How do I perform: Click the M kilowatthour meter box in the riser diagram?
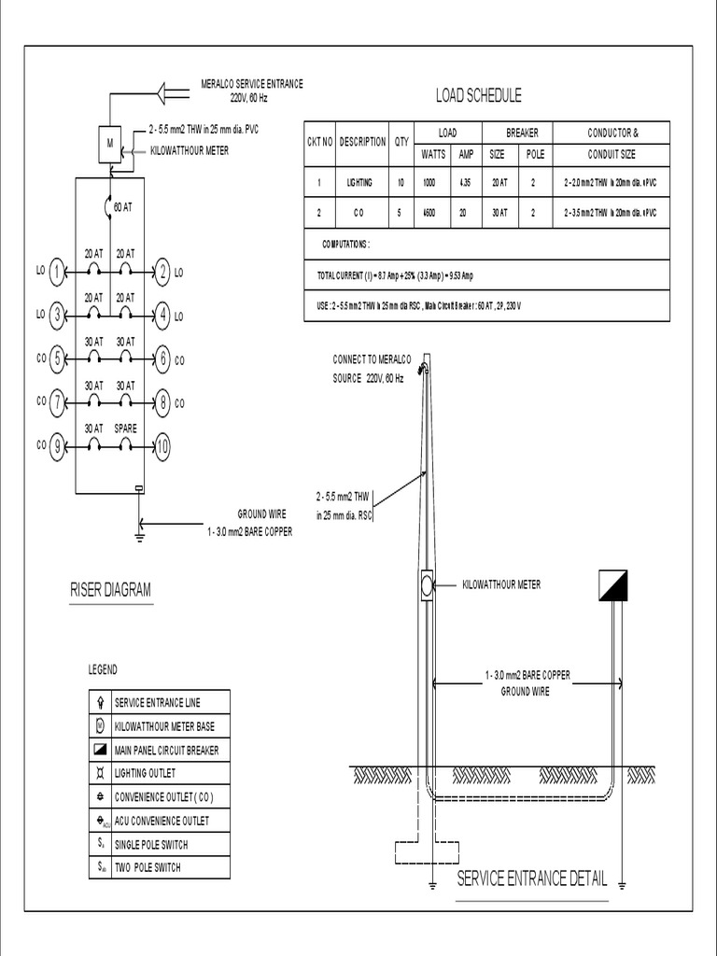tap(111, 142)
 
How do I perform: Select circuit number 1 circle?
tap(58, 273)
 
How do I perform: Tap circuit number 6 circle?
tap(163, 358)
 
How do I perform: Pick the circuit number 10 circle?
tap(163, 447)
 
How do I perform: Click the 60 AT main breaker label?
tap(122, 207)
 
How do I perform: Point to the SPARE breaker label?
tap(125, 429)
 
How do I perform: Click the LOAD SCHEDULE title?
tap(478, 95)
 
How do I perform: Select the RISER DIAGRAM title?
tap(110, 590)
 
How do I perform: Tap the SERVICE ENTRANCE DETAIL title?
tap(531, 879)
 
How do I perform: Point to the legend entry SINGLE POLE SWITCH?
tap(149, 845)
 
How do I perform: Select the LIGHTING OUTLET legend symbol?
tap(100, 773)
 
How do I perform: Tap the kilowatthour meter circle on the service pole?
tap(427, 585)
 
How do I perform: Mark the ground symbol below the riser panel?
tap(139, 534)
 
